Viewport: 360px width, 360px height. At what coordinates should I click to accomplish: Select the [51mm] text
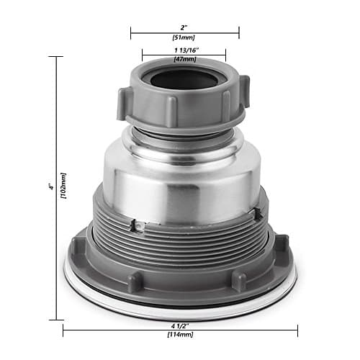[x=184, y=38]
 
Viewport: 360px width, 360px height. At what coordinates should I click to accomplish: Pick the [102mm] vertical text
[x=63, y=186]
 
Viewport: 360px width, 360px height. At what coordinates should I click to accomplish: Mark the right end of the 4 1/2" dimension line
[x=297, y=331]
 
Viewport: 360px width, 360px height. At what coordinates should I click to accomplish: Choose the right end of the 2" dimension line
[x=239, y=32]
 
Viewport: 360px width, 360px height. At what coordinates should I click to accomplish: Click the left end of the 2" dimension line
[x=130, y=32]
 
